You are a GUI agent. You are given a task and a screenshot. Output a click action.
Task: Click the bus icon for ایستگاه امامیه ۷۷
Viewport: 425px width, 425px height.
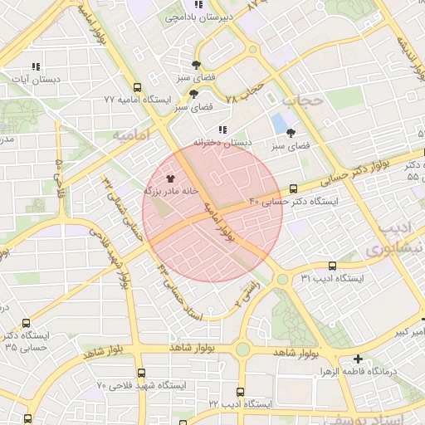(138, 86)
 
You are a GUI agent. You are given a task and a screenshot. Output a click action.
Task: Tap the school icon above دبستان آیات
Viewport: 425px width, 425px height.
(35, 66)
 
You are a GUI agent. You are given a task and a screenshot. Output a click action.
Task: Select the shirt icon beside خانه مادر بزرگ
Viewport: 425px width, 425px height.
(170, 178)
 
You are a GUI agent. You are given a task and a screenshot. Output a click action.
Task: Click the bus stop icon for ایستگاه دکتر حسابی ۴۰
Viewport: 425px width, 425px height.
(294, 189)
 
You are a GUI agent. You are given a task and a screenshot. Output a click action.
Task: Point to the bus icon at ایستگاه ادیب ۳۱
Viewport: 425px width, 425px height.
(332, 266)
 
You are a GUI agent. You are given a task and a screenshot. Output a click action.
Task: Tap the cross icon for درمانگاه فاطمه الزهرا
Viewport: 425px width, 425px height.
(358, 359)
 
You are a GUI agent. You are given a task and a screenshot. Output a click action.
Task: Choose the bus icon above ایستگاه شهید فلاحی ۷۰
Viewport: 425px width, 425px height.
(141, 373)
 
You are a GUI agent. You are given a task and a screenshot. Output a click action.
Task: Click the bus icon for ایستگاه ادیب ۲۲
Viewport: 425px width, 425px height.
(241, 391)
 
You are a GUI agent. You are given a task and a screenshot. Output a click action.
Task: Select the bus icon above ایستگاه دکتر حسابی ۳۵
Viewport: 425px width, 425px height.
(27, 323)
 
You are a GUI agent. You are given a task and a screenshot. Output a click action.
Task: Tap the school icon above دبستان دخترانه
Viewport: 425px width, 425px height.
(222, 129)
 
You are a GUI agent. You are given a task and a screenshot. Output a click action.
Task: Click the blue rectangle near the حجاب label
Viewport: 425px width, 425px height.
(278, 124)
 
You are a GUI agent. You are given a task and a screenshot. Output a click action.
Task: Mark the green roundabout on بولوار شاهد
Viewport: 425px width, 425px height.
(242, 349)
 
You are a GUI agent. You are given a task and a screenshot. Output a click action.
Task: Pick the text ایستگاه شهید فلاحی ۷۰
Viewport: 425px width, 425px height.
(142, 386)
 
